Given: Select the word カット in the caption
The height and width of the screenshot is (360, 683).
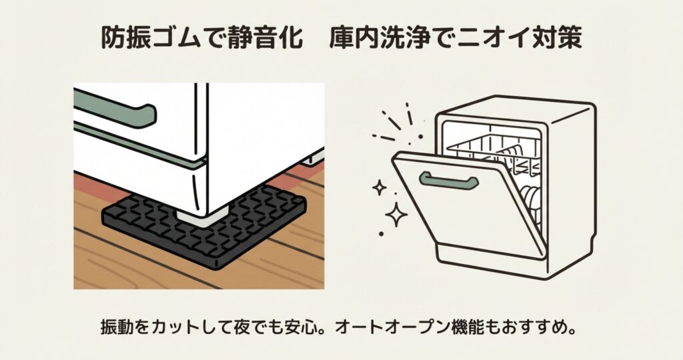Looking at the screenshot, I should [x=177, y=328].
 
